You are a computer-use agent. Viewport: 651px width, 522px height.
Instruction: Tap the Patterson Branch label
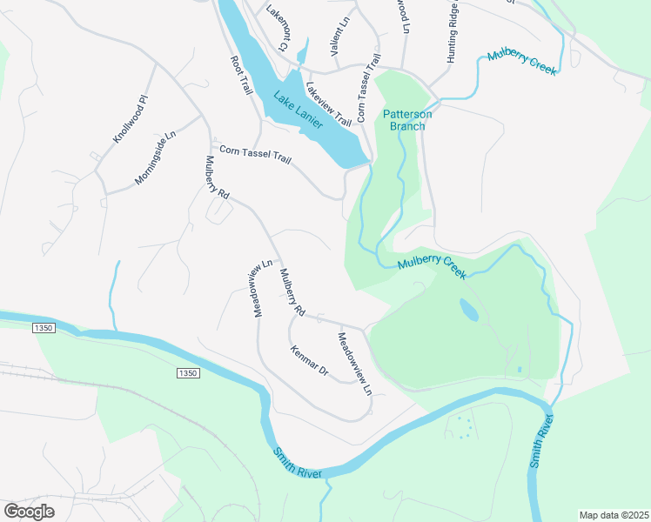[406, 120]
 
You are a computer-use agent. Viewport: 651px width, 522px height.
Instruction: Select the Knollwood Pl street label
[131, 121]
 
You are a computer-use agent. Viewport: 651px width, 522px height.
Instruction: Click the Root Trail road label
[240, 76]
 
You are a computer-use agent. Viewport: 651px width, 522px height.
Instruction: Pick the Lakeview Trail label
[328, 104]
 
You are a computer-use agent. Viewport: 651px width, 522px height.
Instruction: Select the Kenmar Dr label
[309, 360]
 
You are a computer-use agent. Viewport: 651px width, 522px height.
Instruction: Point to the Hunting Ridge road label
[453, 32]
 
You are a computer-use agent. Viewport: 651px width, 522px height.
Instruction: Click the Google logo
[30, 512]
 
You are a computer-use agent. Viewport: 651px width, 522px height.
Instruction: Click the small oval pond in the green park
[468, 310]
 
